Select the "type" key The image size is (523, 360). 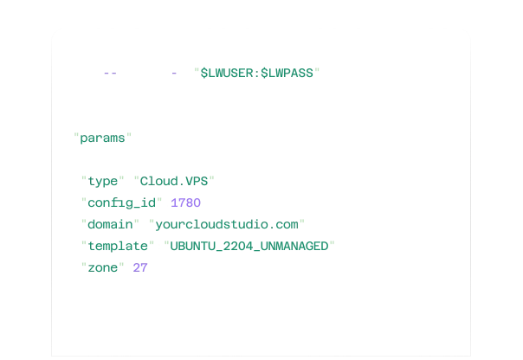pos(103,182)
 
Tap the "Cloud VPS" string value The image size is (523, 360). pos(173,182)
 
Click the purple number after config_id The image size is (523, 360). pos(186,203)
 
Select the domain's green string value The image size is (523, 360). pos(227,225)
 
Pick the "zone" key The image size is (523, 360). pos(103,268)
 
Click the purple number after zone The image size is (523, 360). pos(139,268)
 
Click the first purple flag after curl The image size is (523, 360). pos(111,74)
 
